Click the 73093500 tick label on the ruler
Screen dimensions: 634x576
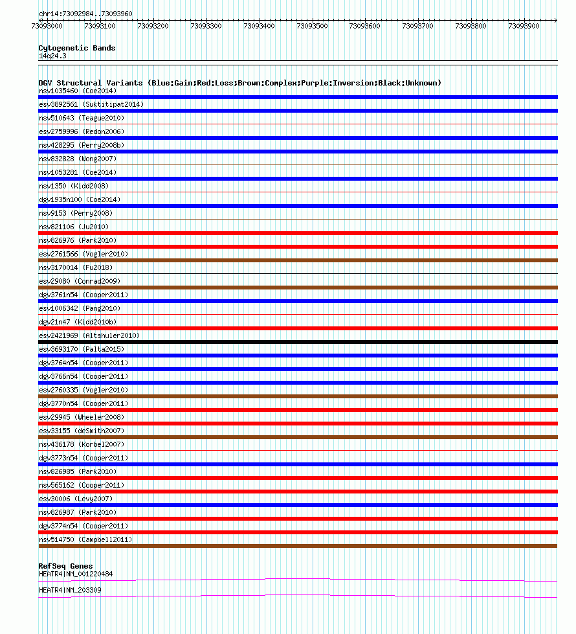[312, 26]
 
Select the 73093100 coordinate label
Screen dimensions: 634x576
[100, 26]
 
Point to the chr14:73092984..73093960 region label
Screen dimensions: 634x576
[85, 13]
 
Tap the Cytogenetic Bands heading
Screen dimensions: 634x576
[76, 48]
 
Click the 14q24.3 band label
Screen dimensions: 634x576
[52, 56]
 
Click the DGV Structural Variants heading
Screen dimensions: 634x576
[239, 83]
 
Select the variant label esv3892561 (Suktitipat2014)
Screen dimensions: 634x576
[91, 104]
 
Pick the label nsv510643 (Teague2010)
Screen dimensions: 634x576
[82, 118]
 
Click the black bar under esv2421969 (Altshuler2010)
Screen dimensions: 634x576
[298, 342]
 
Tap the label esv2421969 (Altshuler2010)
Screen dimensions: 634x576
[89, 335]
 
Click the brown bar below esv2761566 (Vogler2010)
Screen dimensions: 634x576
[298, 260]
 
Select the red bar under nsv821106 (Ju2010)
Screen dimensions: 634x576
[298, 233]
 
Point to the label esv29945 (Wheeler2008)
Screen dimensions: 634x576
[82, 417]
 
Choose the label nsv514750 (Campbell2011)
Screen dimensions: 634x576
[85, 539]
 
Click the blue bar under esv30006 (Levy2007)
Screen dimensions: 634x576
[298, 505]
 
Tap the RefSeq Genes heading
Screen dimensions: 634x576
[65, 566]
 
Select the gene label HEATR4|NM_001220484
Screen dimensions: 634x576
[76, 574]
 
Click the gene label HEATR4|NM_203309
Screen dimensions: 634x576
[70, 590]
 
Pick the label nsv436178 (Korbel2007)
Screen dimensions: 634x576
[82, 444]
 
